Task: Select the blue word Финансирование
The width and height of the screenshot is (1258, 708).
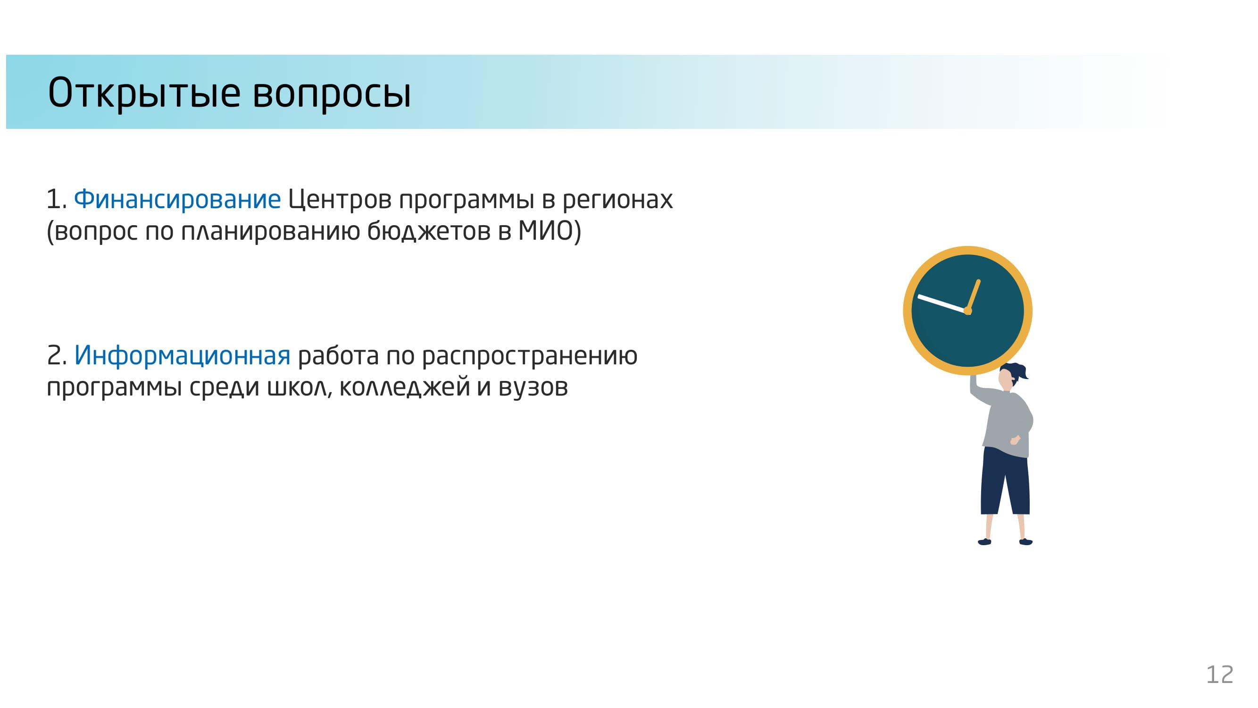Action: (x=177, y=199)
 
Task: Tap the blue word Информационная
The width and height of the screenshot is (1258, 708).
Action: (x=182, y=355)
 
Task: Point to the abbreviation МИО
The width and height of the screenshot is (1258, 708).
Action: (x=545, y=231)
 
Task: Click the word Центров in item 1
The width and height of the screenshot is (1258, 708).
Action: (x=340, y=200)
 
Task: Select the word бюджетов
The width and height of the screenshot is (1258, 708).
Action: (x=428, y=231)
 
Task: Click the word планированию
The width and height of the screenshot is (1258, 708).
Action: (x=270, y=232)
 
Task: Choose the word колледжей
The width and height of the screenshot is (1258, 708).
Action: (x=404, y=387)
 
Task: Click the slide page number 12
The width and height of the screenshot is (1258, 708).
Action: (x=1219, y=675)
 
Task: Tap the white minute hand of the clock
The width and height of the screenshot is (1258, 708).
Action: (x=942, y=303)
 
